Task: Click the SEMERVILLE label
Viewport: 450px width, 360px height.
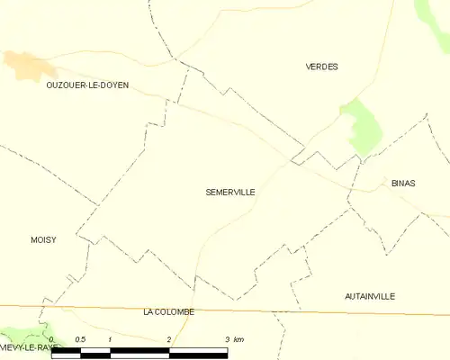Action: (x=230, y=192)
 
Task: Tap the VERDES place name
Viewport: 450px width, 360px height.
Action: (x=321, y=67)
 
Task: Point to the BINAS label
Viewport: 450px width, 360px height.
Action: (x=403, y=183)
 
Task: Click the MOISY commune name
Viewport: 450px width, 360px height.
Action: (x=43, y=239)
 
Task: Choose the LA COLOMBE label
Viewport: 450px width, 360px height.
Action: (x=168, y=311)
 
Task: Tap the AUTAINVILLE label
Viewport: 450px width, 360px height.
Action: (x=370, y=296)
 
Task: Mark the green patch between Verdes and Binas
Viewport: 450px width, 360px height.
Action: (x=364, y=128)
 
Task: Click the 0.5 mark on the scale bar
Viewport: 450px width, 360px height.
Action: (x=80, y=339)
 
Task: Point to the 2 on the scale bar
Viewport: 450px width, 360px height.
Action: (x=168, y=339)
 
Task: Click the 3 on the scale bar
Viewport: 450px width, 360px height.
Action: (x=226, y=339)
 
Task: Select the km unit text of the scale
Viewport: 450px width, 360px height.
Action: (x=238, y=339)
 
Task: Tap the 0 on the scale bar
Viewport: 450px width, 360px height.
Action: (x=53, y=339)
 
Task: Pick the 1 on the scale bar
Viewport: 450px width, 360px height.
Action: (x=110, y=339)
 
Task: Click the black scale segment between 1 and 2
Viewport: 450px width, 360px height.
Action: (x=139, y=351)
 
